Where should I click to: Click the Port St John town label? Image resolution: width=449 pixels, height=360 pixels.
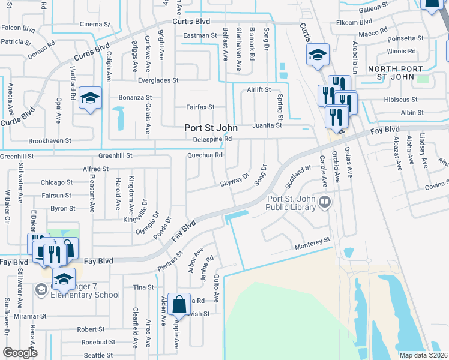coord(210,128)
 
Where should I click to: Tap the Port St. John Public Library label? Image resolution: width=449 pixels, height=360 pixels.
coord(291,203)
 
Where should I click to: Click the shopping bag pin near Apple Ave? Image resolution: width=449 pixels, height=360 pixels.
coord(179,306)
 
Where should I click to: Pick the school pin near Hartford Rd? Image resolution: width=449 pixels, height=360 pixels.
coord(90,100)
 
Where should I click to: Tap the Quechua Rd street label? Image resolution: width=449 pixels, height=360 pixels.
coord(205,155)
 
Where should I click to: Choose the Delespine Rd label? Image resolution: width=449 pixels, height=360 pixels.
coord(212,139)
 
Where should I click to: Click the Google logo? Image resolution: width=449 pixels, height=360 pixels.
coord(20,353)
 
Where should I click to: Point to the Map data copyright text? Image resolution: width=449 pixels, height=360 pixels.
coord(423,355)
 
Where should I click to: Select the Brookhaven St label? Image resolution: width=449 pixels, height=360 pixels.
coord(50,141)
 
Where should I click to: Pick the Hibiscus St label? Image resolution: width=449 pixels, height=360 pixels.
coord(405,99)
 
